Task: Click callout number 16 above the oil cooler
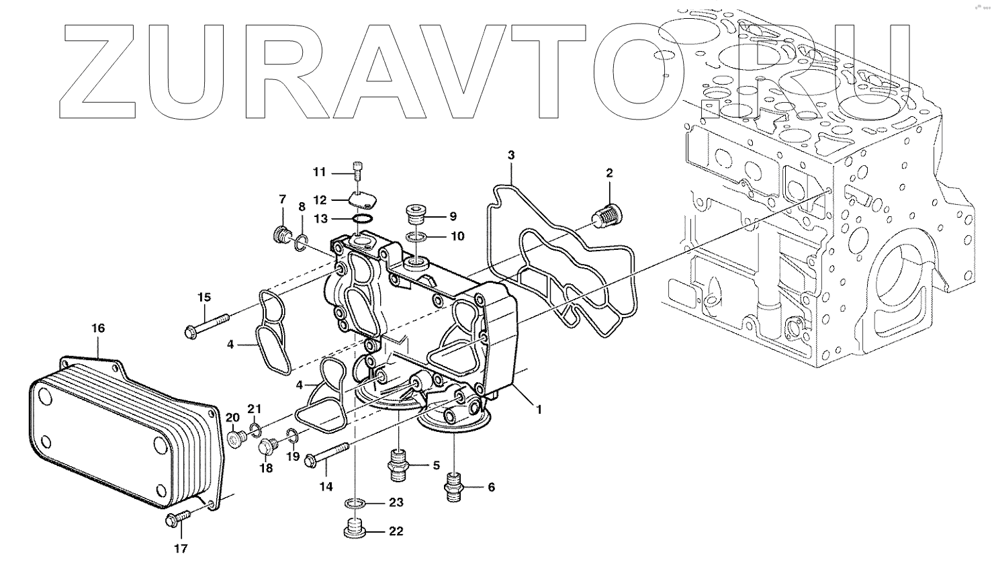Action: click(x=98, y=328)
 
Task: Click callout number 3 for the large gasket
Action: click(x=511, y=155)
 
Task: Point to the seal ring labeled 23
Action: click(x=355, y=503)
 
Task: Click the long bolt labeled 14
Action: click(x=328, y=453)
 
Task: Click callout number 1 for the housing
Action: click(x=538, y=408)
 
